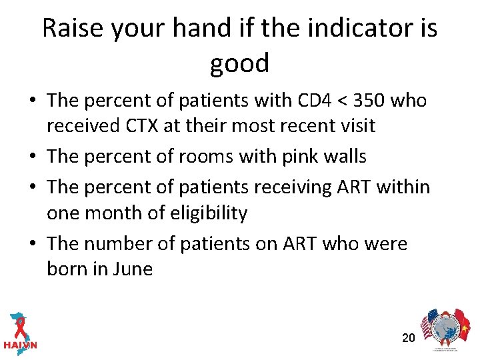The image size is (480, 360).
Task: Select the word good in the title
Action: click(239, 63)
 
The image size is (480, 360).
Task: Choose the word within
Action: click(403, 187)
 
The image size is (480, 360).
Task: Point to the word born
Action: click(69, 269)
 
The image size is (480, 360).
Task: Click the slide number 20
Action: click(409, 338)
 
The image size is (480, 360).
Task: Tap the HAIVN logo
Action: click(20, 331)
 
